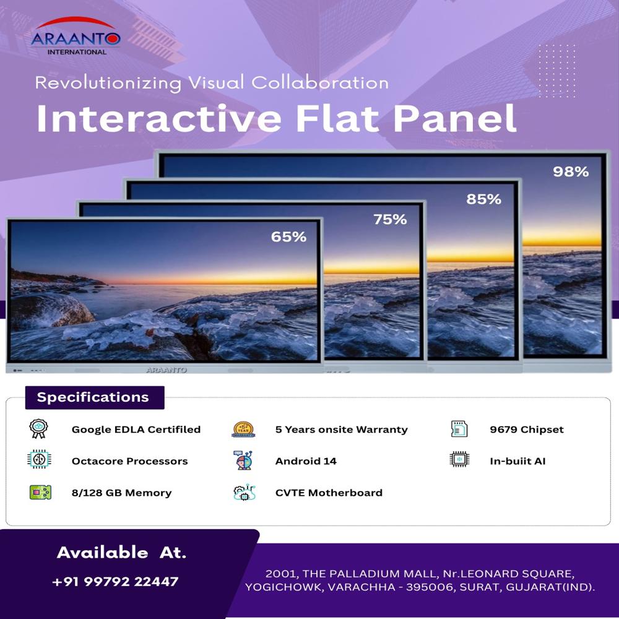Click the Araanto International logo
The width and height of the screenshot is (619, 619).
tap(76, 37)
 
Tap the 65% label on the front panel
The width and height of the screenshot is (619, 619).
tap(288, 236)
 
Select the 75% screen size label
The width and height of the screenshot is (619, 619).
tap(390, 219)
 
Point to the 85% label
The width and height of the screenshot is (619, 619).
tap(483, 199)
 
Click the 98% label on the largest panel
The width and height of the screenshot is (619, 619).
tap(571, 172)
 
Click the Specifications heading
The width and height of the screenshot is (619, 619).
tap(93, 397)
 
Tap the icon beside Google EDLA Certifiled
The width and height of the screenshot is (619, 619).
tap(39, 429)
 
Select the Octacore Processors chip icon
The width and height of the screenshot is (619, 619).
tap(39, 461)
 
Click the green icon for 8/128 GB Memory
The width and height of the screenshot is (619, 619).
tap(40, 493)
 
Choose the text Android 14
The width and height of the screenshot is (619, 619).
tap(306, 461)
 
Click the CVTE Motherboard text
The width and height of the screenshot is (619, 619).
tap(329, 493)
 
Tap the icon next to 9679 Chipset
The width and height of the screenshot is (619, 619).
tap(459, 429)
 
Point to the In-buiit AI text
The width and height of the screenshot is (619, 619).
tap(517, 461)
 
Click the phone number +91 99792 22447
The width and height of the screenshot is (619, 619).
tap(115, 581)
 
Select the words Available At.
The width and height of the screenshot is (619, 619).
tap(121, 552)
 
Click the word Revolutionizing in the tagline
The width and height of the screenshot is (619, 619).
tap(108, 82)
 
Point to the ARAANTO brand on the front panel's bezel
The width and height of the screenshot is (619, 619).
tap(166, 370)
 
